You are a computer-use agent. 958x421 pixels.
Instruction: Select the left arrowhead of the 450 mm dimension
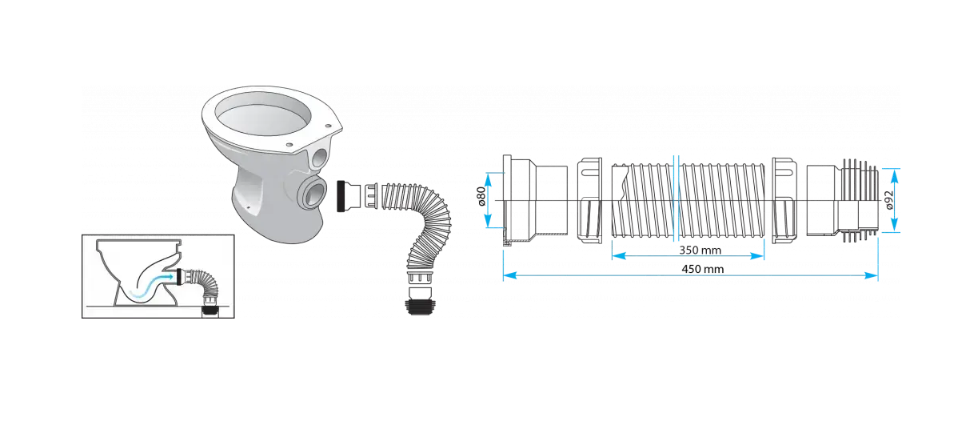point(507,277)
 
